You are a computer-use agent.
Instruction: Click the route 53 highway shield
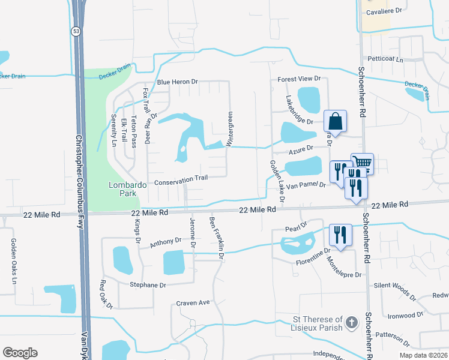click(x=76, y=32)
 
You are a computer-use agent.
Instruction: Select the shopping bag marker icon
click(x=336, y=122)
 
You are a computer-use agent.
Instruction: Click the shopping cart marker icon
click(x=362, y=163)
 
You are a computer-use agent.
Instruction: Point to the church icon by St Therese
click(x=352, y=323)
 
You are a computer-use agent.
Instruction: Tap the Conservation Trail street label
click(x=181, y=178)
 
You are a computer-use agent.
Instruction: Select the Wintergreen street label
click(x=229, y=128)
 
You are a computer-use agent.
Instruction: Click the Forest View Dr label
click(x=299, y=79)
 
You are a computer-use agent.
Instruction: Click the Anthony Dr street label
click(x=165, y=242)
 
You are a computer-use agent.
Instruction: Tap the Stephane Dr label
click(x=146, y=285)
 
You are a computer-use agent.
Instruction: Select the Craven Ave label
click(x=193, y=302)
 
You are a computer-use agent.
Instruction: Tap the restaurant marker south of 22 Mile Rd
click(x=340, y=235)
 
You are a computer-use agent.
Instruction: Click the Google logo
click(x=20, y=353)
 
